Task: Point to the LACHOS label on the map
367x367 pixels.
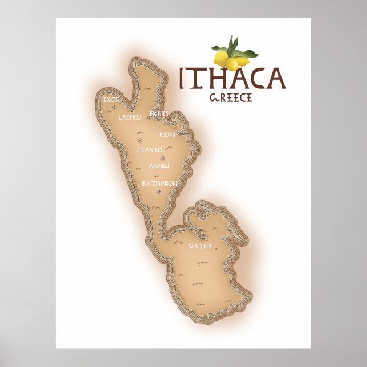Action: [129, 117]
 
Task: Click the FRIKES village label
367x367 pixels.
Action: [159, 114]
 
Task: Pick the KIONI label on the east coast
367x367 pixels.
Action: [167, 135]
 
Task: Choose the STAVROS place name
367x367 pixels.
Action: [151, 149]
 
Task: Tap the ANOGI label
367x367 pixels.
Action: [159, 166]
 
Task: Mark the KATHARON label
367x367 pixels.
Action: [160, 183]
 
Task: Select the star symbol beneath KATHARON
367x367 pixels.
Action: [159, 192]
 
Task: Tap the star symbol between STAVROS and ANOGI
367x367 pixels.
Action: [163, 158]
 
